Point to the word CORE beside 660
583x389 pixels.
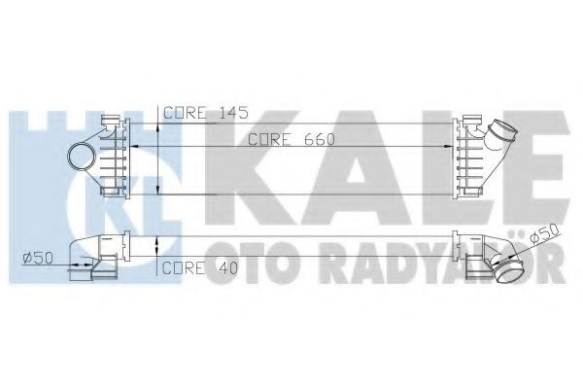267,140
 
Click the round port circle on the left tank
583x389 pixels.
81,154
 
